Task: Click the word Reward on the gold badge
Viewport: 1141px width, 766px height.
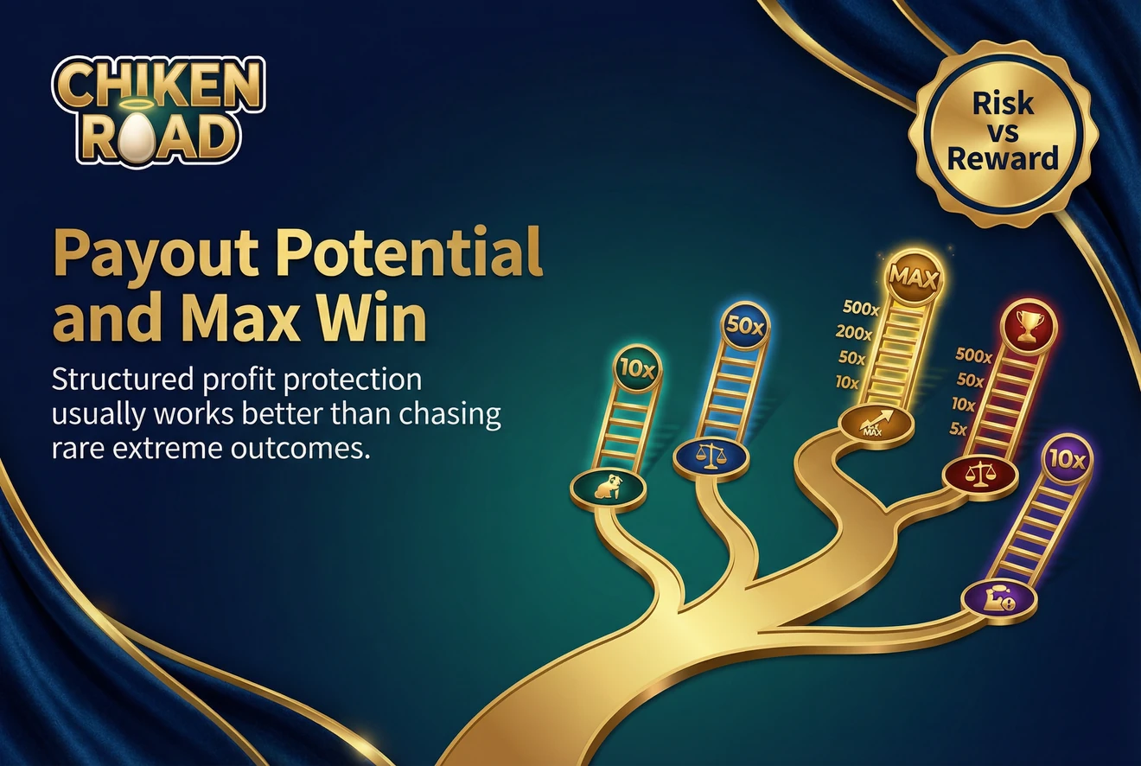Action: (x=1003, y=157)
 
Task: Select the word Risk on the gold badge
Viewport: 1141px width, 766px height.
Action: (x=1003, y=104)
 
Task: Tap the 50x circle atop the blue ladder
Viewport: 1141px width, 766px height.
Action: (x=744, y=328)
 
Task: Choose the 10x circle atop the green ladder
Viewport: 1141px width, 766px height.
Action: (x=638, y=367)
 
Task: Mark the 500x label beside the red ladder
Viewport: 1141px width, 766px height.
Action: (x=973, y=354)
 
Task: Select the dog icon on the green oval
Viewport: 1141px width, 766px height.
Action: (x=608, y=489)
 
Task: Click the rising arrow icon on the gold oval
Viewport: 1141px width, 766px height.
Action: (x=876, y=424)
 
